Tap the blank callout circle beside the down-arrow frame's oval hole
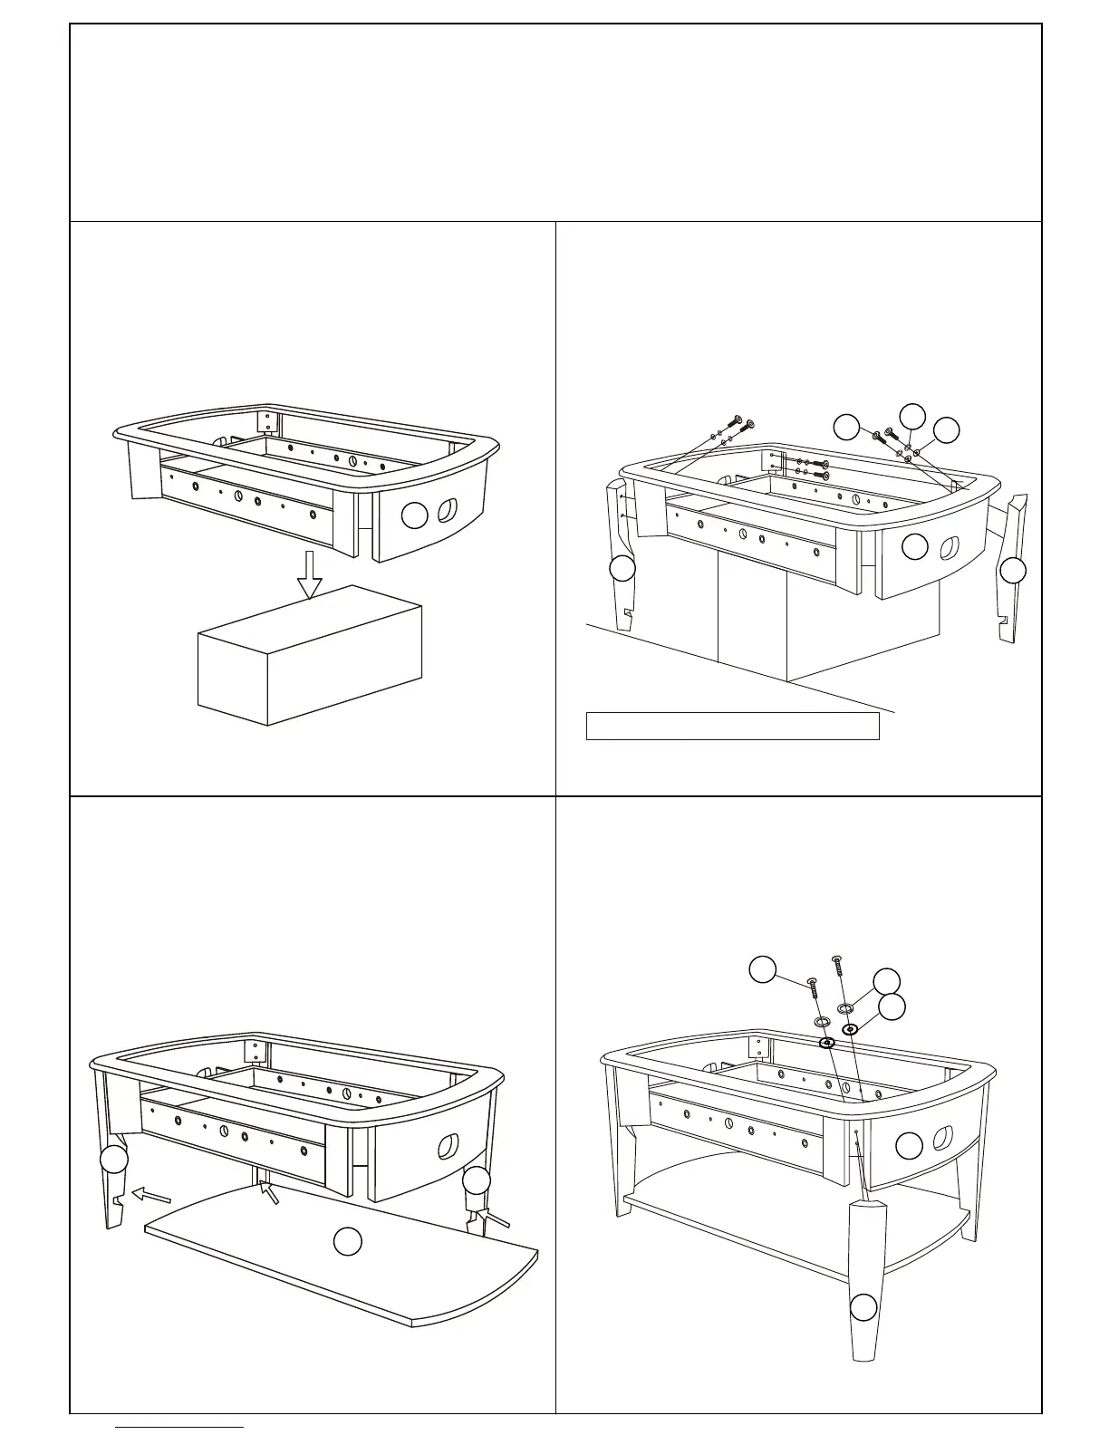pyautogui.click(x=414, y=516)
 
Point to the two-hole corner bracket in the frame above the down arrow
pyautogui.click(x=268, y=421)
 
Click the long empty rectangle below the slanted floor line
pyautogui.click(x=732, y=726)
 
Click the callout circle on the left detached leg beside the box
pyautogui.click(x=621, y=569)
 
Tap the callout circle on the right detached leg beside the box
pyautogui.click(x=1012, y=570)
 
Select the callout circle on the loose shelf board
pyautogui.click(x=348, y=1242)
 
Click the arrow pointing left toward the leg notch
pyautogui.click(x=151, y=1195)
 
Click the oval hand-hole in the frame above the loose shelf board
pyautogui.click(x=448, y=1146)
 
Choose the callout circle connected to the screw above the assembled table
pyautogui.click(x=763, y=969)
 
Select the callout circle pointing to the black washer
pyautogui.click(x=892, y=1006)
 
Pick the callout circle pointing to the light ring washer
pyautogui.click(x=886, y=980)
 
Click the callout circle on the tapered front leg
pyautogui.click(x=863, y=1307)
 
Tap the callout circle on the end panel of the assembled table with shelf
pyautogui.click(x=909, y=1146)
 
